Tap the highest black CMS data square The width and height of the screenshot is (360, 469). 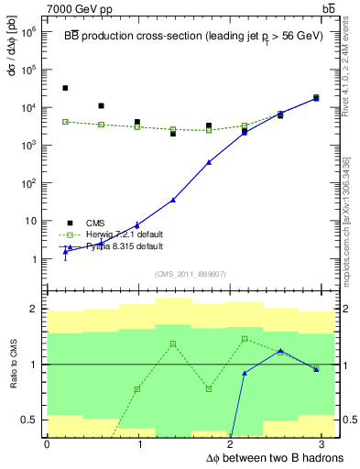click(x=65, y=88)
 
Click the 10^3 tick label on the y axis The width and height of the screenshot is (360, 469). click(x=31, y=145)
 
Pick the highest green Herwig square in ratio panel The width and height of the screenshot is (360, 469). click(x=245, y=339)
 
